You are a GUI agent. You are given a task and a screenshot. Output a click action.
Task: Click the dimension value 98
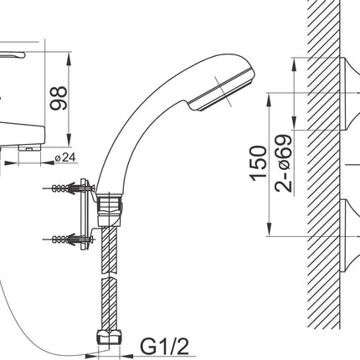[59, 98]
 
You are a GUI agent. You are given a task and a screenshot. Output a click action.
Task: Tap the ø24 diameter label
[65, 158]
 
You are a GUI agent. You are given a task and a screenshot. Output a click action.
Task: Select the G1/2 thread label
[164, 346]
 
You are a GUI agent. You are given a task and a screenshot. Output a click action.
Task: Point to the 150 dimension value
[258, 163]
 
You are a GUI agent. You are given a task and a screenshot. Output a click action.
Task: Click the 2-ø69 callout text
[284, 164]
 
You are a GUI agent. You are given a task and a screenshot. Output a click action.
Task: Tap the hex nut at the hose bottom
[109, 337]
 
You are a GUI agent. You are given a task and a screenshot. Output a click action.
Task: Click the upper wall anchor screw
[69, 188]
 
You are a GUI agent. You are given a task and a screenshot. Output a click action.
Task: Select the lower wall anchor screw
[69, 239]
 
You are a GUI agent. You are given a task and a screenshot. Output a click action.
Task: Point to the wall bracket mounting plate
[84, 214]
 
